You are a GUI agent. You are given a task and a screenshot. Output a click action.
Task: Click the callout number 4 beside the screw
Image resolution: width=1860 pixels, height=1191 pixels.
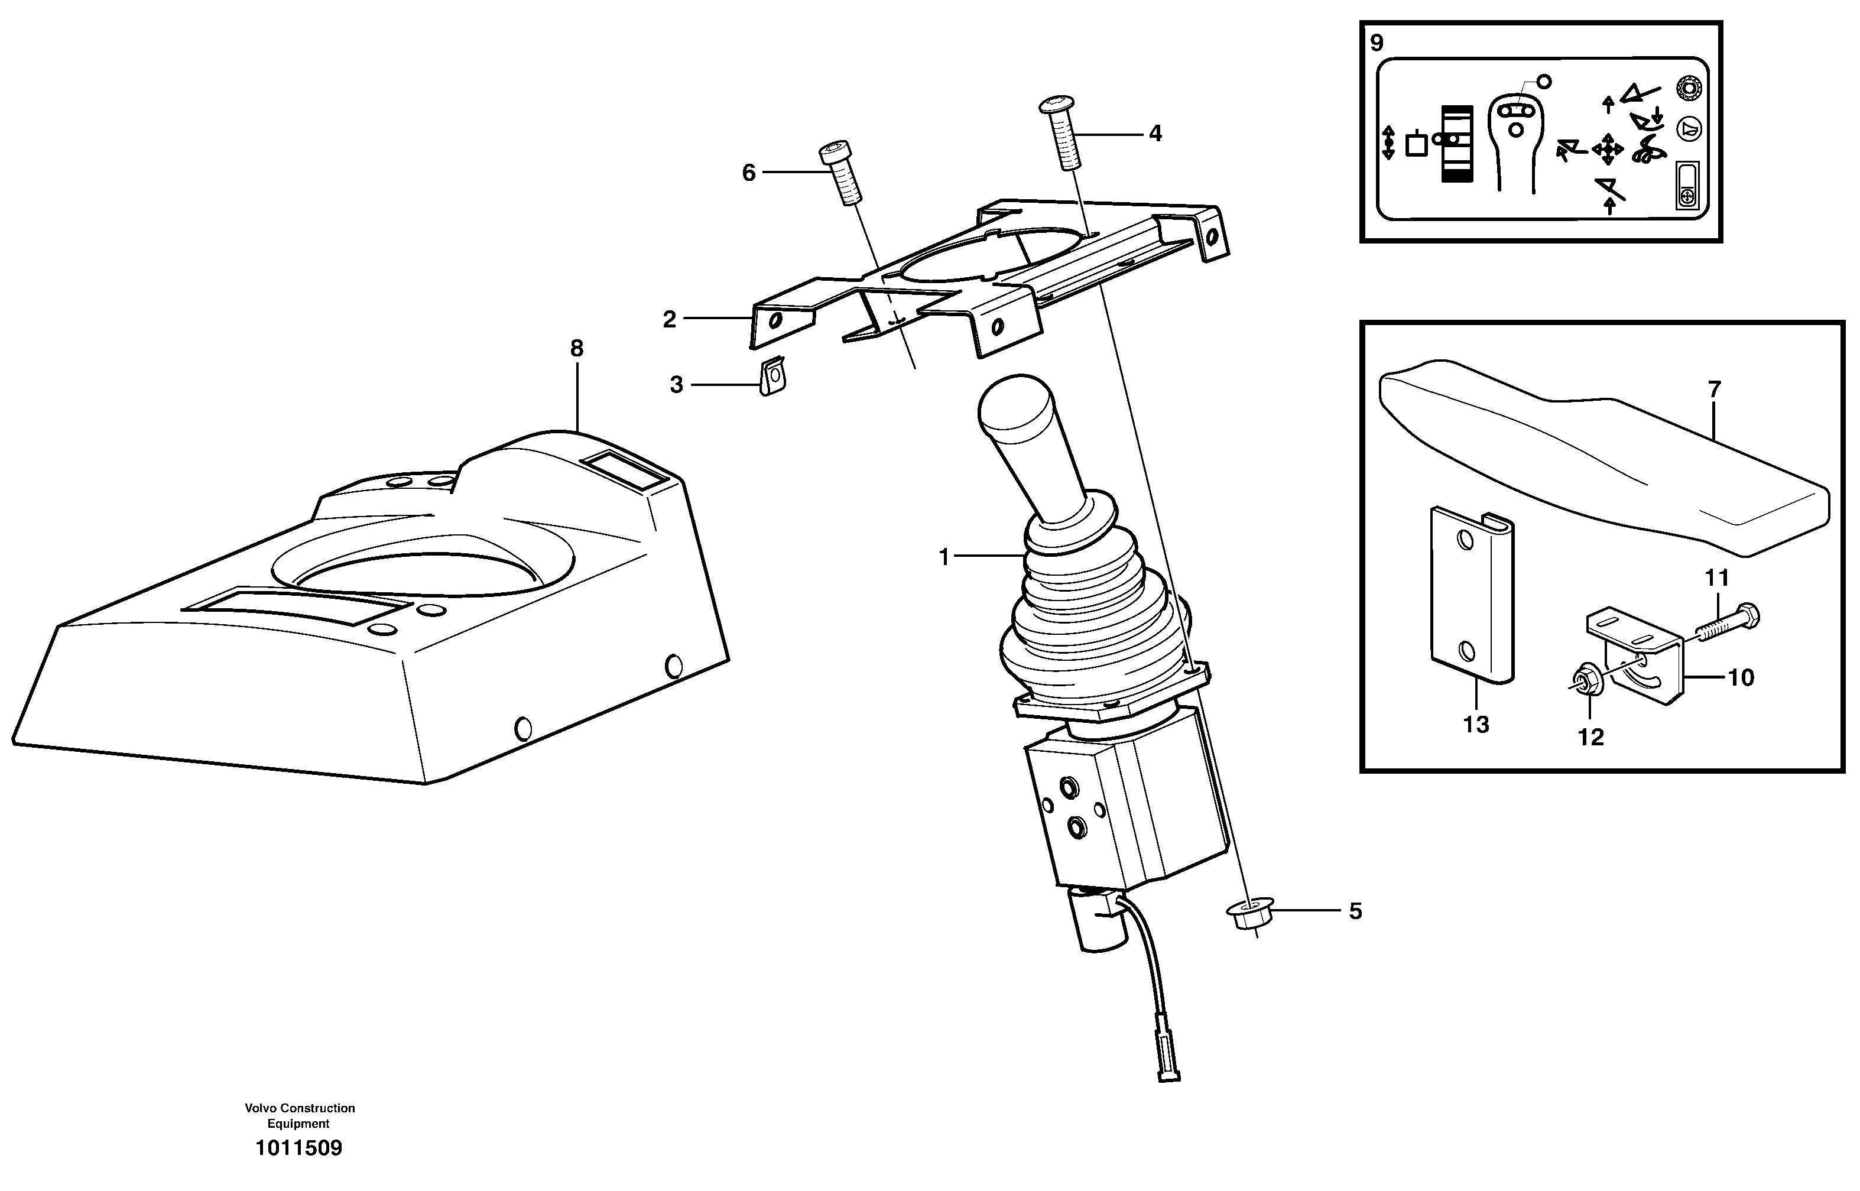click(x=1155, y=134)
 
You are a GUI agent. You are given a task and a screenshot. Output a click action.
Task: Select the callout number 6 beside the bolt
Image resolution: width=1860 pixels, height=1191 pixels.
click(x=748, y=173)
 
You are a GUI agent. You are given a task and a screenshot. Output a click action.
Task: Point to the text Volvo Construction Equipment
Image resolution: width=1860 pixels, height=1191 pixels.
click(x=299, y=1115)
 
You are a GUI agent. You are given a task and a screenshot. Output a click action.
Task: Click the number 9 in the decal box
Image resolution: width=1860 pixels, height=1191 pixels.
click(x=1377, y=43)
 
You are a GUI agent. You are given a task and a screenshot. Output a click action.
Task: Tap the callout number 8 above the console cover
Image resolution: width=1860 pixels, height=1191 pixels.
click(x=576, y=349)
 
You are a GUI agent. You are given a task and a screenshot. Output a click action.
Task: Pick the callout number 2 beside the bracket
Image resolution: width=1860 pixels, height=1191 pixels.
click(x=669, y=319)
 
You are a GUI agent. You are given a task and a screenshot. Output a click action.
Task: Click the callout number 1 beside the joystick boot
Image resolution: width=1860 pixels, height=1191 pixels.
click(x=943, y=556)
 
